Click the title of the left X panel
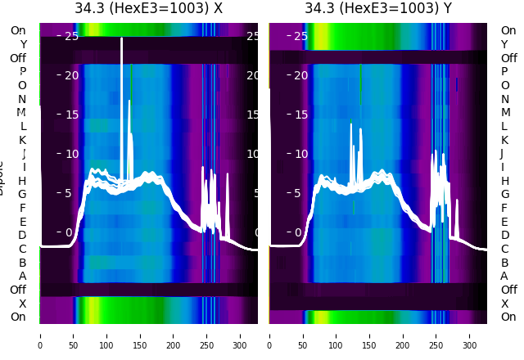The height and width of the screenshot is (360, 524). click(148, 9)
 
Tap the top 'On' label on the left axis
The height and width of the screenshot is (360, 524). click(17, 30)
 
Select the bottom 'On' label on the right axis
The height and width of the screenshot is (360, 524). click(508, 317)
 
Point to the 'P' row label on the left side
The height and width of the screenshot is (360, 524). click(22, 71)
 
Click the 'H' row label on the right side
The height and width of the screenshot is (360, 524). click(504, 181)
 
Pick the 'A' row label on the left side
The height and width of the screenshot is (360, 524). click(22, 276)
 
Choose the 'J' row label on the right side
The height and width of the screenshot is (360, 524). click(501, 153)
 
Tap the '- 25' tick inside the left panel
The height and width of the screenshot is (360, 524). click(67, 36)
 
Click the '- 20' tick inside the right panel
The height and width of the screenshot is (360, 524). click(296, 75)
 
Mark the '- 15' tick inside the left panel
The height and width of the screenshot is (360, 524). click(67, 115)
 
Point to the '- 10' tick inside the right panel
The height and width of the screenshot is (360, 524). click(296, 154)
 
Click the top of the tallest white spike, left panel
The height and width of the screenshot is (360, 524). click(122, 38)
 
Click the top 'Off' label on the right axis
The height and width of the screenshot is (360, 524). click(508, 58)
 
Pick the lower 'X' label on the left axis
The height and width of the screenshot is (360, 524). click(23, 304)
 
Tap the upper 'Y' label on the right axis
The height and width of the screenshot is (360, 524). click(504, 44)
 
